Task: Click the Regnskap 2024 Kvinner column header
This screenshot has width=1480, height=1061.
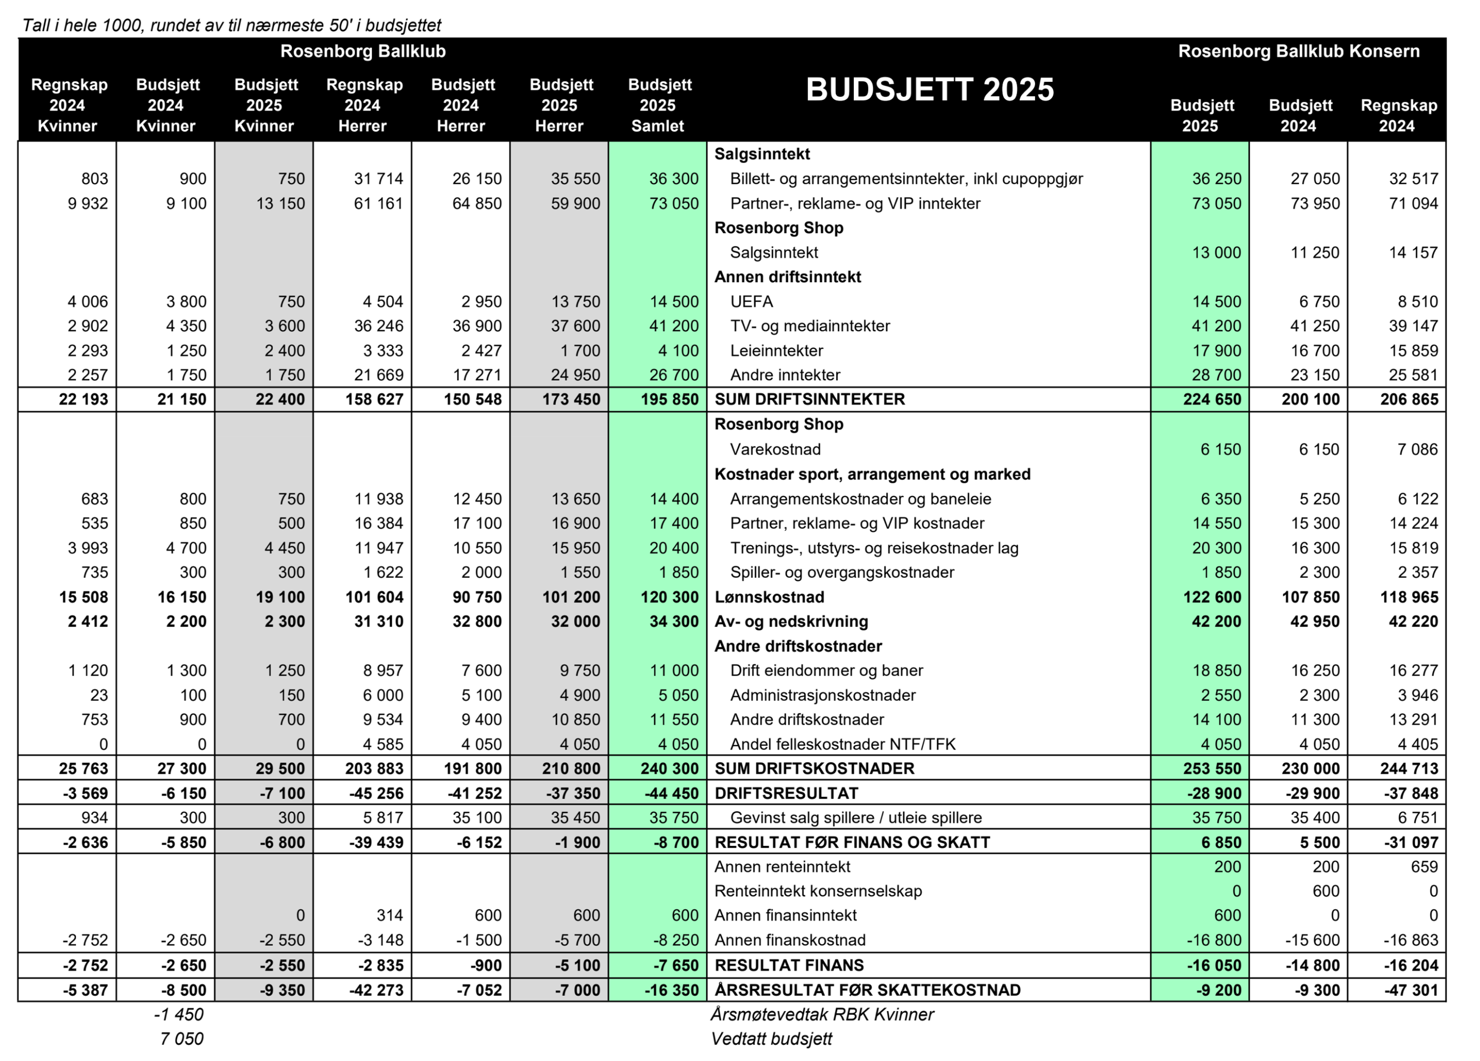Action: (68, 106)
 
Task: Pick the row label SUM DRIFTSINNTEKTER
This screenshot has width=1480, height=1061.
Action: (809, 399)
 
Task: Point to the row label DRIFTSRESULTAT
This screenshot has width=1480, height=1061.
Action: (786, 794)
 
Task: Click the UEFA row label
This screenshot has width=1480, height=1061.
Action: (751, 302)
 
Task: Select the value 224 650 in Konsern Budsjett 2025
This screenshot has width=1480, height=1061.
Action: (1212, 399)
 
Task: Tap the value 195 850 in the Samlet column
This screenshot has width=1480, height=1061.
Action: (670, 399)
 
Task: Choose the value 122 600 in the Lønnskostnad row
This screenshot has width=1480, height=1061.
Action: (1212, 597)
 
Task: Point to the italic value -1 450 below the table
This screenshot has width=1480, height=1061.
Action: (179, 1015)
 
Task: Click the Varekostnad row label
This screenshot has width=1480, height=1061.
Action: (775, 450)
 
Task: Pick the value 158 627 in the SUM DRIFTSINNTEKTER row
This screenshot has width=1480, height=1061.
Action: (375, 399)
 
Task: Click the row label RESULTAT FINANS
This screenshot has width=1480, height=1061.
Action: (789, 966)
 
